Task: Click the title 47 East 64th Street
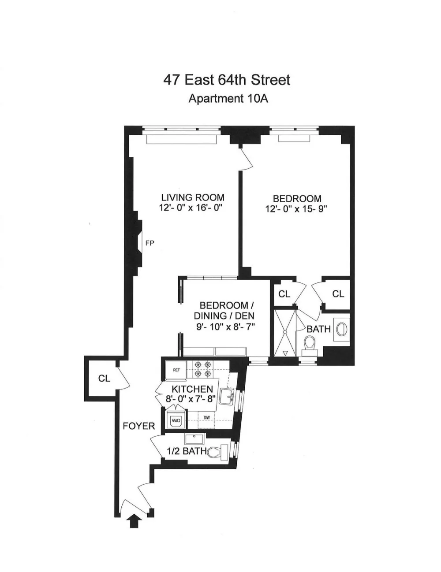227,80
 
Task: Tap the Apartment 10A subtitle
228,98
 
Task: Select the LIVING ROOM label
192,197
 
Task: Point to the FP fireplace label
150,243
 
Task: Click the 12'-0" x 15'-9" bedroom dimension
296,209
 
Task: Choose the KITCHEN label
192,389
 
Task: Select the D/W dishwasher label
206,417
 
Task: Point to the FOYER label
139,426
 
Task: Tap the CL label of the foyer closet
104,378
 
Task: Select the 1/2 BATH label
187,451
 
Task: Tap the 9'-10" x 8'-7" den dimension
226,327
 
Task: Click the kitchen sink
228,396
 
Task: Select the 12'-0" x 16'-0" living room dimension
190,208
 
